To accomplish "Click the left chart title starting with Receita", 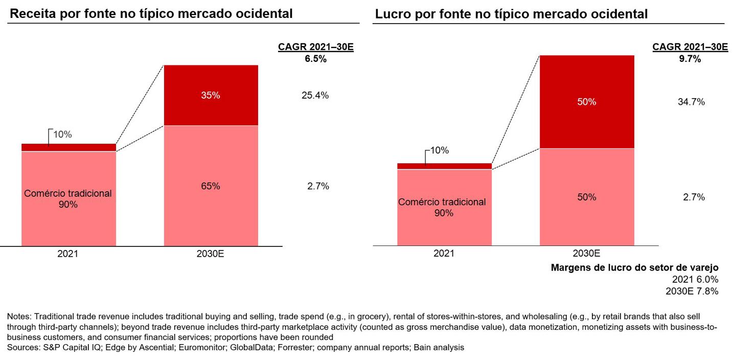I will click(151, 14).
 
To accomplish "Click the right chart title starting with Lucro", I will click(511, 14).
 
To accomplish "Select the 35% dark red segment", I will click(211, 95).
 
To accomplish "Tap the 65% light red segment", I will click(211, 186).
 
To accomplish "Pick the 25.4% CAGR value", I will click(315, 95).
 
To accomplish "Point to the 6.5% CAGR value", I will click(315, 59).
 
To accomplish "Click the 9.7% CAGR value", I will click(690, 59).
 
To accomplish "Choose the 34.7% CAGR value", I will click(691, 102).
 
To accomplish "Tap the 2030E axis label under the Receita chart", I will click(210, 253).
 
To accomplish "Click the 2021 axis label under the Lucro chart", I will click(444, 253).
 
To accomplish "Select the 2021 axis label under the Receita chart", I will click(67, 253).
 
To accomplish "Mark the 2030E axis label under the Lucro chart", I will click(586, 253).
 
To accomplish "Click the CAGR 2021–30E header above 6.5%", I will click(315, 48).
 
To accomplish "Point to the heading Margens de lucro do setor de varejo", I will click(635, 267).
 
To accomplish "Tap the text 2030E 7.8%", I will click(692, 291).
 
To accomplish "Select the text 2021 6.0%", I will click(695, 279).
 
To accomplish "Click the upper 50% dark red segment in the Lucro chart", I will click(587, 102).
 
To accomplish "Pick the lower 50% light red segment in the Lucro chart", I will click(587, 197).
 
